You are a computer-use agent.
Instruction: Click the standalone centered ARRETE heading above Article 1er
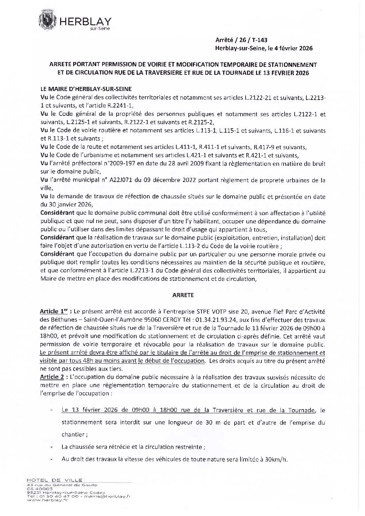click(x=182, y=295)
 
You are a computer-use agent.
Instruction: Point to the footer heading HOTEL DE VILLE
click(x=54, y=480)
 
